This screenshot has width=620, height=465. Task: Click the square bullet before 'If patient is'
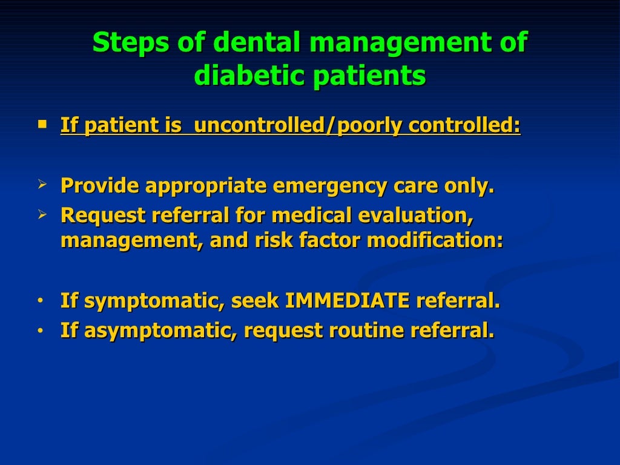coord(42,124)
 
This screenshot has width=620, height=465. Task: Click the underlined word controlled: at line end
coord(464,125)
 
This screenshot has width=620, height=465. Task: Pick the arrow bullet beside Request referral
coord(42,214)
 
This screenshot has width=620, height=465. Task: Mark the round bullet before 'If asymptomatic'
coord(40,331)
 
